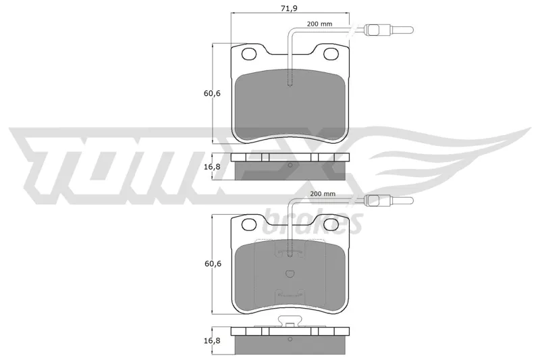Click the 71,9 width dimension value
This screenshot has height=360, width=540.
click(x=290, y=9)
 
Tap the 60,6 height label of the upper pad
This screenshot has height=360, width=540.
click(x=212, y=93)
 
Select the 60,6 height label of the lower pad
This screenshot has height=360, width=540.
click(x=213, y=263)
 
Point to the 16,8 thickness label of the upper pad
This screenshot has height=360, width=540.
click(x=212, y=167)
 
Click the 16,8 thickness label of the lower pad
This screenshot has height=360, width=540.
click(x=212, y=340)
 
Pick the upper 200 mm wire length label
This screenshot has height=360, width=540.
click(x=319, y=24)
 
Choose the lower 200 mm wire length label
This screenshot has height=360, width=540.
click(x=323, y=194)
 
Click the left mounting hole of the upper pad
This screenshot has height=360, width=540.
click(x=249, y=54)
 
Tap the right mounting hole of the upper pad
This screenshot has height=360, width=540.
click(x=331, y=54)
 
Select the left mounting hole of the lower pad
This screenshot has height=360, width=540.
click(x=249, y=224)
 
